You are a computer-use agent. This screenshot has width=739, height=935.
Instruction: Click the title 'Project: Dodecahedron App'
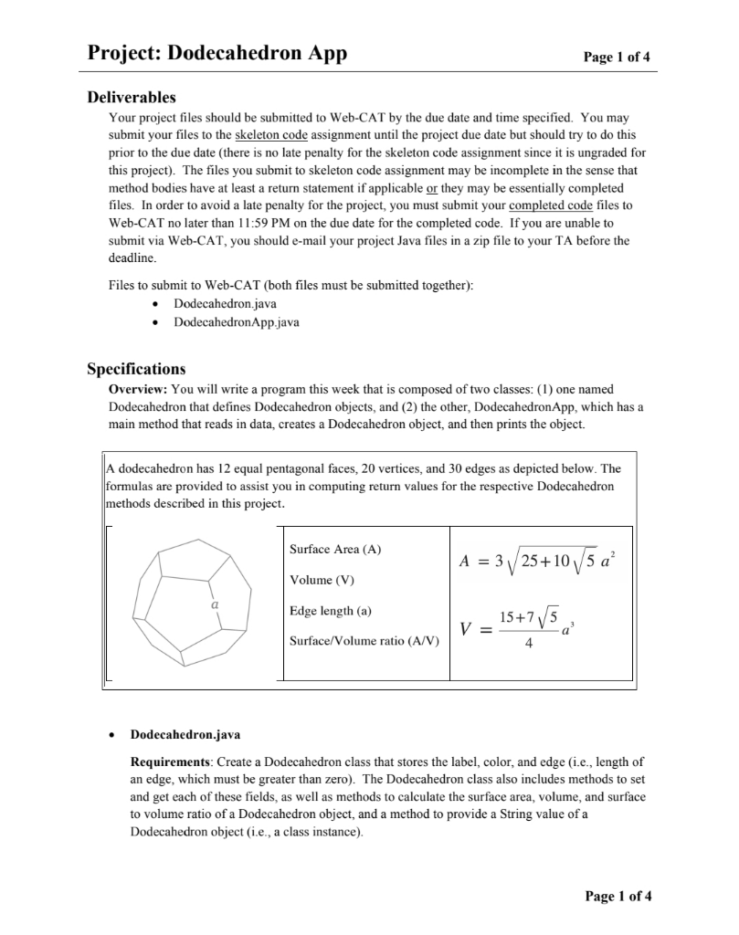(216, 53)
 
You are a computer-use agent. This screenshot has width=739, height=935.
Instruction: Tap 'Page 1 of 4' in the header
(618, 57)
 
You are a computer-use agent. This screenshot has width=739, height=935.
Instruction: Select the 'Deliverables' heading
(132, 98)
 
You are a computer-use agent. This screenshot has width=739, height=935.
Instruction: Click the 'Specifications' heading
(136, 369)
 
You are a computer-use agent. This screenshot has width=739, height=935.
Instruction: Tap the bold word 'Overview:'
(138, 388)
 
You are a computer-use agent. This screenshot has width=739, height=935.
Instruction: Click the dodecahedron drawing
(195, 604)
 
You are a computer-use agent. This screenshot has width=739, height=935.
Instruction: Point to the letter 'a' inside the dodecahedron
(215, 604)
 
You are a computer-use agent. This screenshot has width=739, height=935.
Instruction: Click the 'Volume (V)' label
(321, 580)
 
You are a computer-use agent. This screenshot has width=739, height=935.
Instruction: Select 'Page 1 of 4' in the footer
(618, 895)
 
